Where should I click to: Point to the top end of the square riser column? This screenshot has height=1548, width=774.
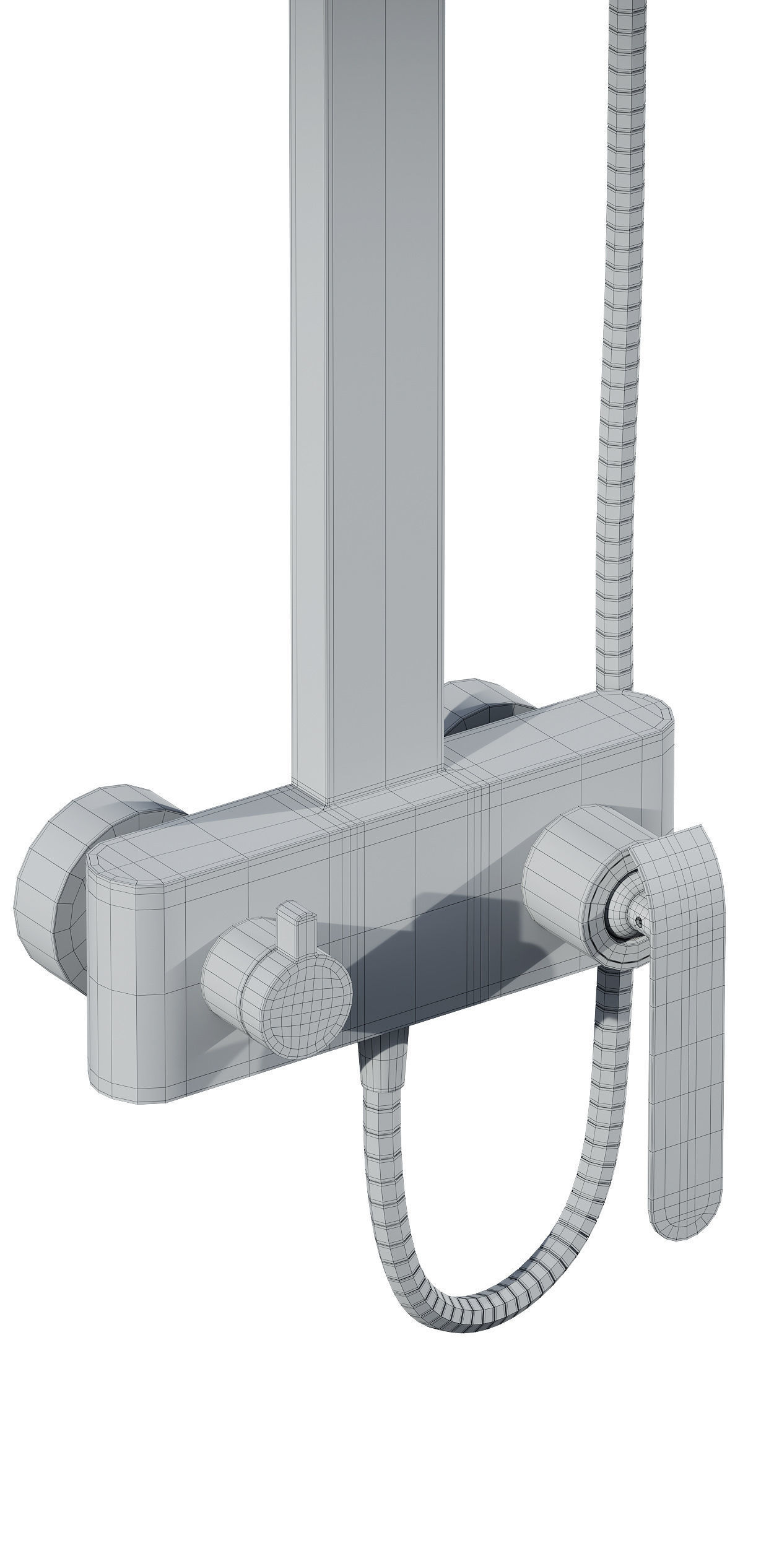[365, 12]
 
